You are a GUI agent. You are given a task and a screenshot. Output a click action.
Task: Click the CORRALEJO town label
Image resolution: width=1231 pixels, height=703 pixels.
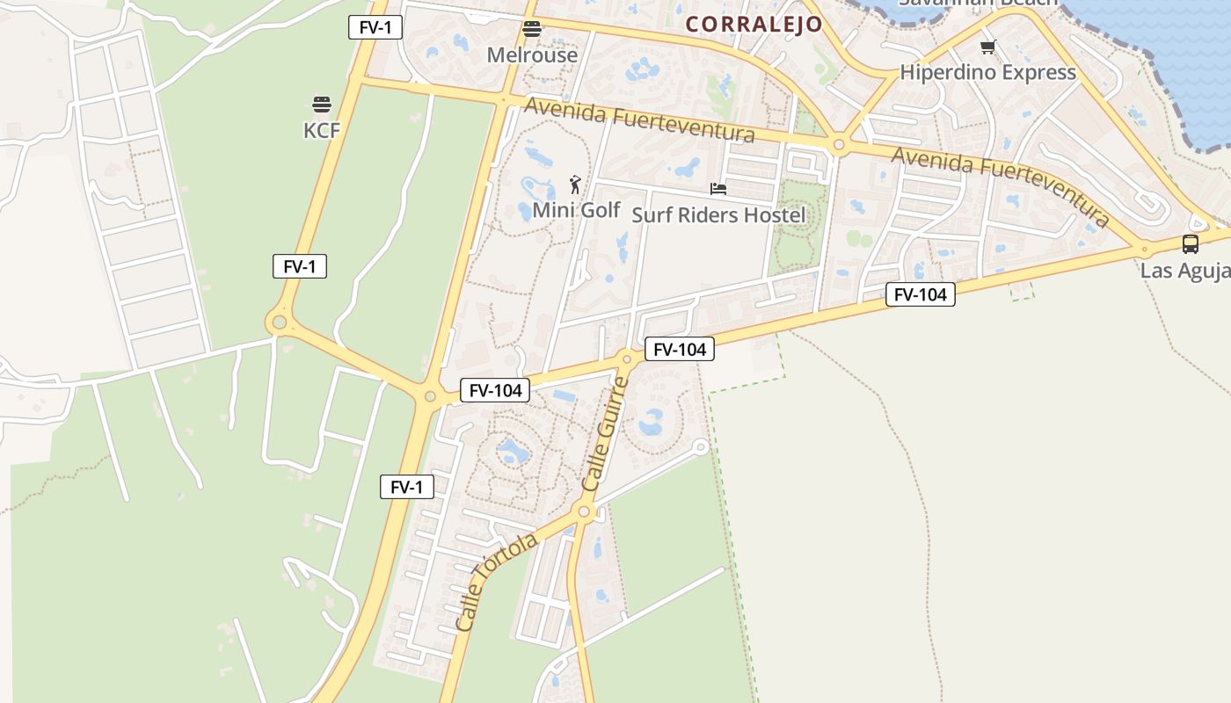point(754,24)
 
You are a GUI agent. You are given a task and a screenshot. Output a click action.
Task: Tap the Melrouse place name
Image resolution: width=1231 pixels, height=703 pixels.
point(532,54)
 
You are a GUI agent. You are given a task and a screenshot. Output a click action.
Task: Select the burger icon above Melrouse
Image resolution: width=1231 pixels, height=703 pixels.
point(532,29)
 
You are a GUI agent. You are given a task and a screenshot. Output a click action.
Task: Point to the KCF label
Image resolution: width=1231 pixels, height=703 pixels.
point(321,130)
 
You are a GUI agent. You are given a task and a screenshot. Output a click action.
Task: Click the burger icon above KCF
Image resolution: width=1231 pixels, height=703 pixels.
point(321,105)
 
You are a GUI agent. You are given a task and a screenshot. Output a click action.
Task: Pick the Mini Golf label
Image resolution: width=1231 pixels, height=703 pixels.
point(576,210)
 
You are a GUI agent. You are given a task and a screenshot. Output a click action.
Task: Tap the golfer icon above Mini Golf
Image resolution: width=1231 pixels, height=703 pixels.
point(575,185)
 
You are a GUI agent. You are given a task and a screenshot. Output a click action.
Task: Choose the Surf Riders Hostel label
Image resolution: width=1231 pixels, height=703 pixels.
point(718,214)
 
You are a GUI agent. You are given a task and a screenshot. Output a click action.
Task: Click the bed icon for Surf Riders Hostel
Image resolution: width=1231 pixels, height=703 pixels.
point(718,189)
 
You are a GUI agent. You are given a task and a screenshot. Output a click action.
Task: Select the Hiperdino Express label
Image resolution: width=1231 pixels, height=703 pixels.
point(987,72)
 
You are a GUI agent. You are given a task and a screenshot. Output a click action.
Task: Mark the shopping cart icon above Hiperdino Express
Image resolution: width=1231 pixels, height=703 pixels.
point(987,47)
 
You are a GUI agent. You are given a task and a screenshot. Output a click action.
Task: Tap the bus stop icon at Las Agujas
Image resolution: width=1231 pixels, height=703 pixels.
point(1190,244)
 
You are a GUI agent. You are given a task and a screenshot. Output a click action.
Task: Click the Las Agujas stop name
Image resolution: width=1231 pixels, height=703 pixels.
point(1185,270)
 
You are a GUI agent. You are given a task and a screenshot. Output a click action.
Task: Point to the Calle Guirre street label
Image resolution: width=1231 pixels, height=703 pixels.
point(605,433)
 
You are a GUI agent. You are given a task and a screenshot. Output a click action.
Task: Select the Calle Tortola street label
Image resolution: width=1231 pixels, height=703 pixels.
point(497,582)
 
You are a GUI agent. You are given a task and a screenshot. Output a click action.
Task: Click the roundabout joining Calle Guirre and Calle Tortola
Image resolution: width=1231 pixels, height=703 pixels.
point(584,511)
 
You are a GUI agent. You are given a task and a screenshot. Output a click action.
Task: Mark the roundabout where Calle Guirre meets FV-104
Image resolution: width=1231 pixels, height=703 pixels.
point(627,358)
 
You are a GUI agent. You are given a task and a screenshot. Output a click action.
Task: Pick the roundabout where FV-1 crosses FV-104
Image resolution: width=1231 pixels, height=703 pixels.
point(430,396)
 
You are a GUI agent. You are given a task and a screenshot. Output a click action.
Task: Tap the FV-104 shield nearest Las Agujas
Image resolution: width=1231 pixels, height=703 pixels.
point(920,294)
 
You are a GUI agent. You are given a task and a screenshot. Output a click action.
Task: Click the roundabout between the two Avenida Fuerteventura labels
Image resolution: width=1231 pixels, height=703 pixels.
point(839,144)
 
